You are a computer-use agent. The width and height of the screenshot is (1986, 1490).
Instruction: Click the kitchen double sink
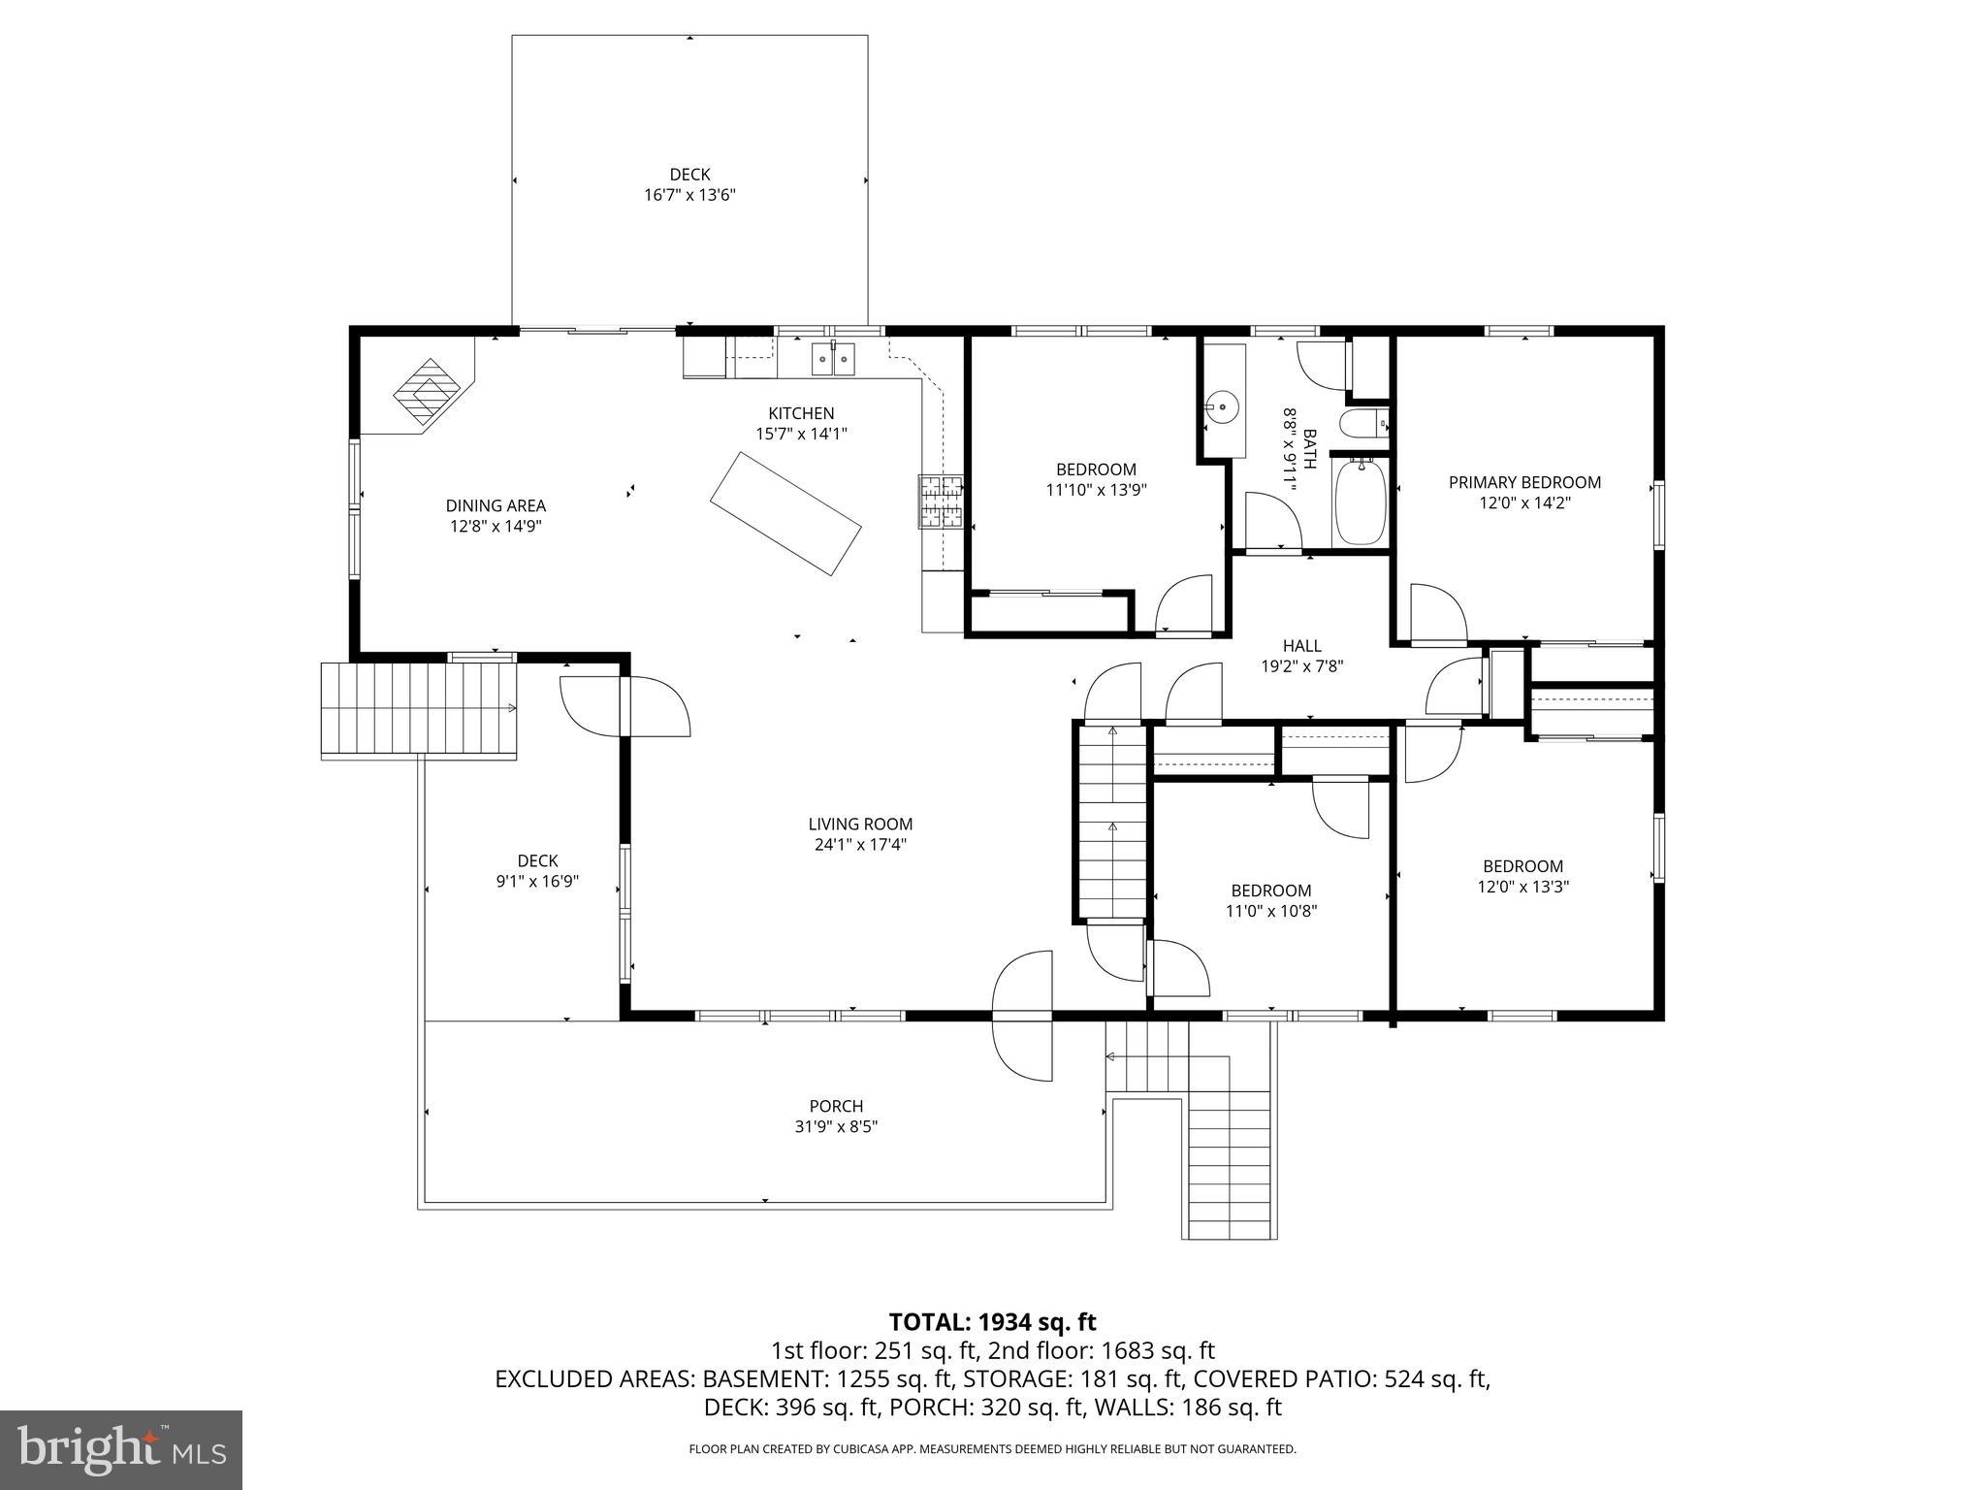[834, 359]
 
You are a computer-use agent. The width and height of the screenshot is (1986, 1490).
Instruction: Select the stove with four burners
[941, 502]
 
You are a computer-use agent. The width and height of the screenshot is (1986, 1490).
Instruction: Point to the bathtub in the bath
[1361, 502]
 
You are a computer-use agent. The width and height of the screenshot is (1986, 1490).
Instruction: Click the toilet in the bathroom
[1362, 424]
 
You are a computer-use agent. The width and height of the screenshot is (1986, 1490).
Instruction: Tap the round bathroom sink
[1224, 408]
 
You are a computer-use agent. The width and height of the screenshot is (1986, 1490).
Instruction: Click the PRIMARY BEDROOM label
[1524, 482]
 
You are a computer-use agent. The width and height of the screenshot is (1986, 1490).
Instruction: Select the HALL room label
[1301, 646]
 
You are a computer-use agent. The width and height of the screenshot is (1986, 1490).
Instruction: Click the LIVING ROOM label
[860, 825]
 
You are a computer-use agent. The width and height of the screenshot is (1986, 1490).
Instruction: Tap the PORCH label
[836, 1106]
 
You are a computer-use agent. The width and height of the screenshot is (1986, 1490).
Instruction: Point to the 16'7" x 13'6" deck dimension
[689, 195]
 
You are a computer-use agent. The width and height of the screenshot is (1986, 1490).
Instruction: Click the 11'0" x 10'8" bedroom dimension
[1271, 911]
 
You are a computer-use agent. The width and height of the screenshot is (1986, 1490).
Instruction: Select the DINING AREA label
[496, 505]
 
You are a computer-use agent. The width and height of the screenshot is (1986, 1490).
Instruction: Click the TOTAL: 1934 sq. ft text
[992, 1322]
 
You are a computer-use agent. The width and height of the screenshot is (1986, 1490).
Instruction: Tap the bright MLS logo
[121, 1450]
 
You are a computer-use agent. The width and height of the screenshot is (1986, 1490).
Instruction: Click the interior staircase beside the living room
[1112, 821]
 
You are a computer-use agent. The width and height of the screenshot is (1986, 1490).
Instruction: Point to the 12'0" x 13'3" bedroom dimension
[1522, 887]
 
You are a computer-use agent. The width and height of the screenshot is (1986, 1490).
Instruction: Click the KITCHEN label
[801, 413]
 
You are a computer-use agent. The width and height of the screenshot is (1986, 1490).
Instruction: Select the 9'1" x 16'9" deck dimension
[537, 882]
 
